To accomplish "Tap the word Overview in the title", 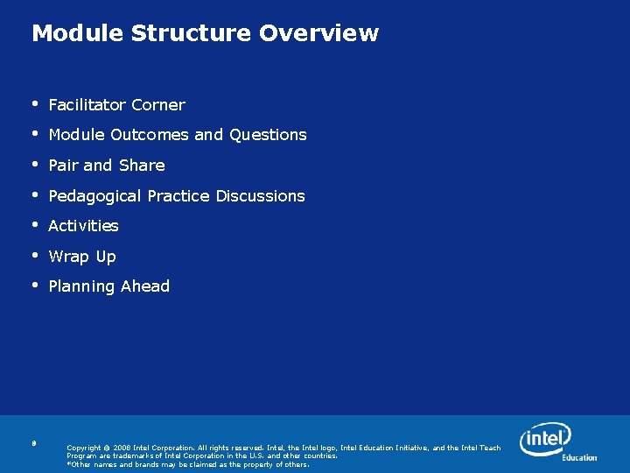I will click(318, 33).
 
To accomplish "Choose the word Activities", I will click(83, 226).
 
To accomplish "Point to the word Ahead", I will click(146, 286).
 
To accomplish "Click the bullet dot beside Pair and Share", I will click(35, 165).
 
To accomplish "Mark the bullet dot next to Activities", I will click(35, 225).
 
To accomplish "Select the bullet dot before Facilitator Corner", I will click(35, 104).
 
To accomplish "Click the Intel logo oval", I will click(544, 438).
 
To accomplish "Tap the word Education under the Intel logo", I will click(579, 457).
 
